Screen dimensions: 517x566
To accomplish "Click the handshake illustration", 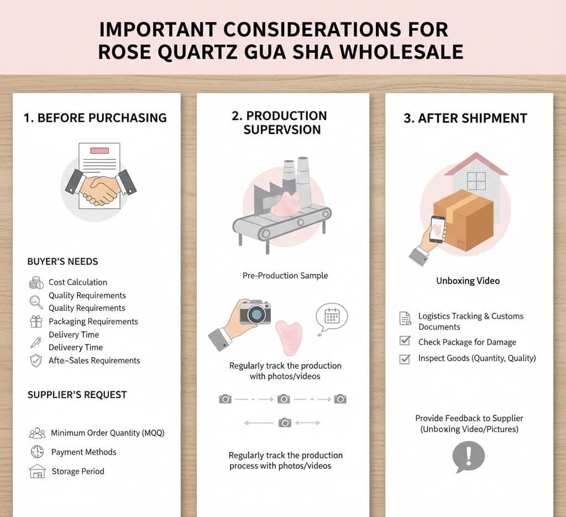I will pyautogui.click(x=100, y=188).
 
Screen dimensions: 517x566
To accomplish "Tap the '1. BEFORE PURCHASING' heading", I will pyautogui.click(x=95, y=118).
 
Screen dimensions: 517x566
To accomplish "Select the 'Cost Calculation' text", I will pyautogui.click(x=78, y=282).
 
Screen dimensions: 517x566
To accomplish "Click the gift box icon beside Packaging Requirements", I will pyautogui.click(x=36, y=321).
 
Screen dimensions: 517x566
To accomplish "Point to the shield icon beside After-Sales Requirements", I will pyautogui.click(x=36, y=361).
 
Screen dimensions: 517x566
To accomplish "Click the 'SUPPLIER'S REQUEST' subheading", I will pyautogui.click(x=77, y=395).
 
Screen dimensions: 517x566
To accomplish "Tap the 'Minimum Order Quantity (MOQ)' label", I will pyautogui.click(x=108, y=433).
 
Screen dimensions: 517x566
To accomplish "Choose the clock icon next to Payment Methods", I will pyautogui.click(x=36, y=452).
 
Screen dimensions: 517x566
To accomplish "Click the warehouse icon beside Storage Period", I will pyautogui.click(x=36, y=471).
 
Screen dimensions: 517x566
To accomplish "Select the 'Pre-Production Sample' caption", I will pyautogui.click(x=285, y=275).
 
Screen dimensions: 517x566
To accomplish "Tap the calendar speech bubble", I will pyautogui.click(x=331, y=317).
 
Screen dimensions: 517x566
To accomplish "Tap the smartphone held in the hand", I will pyautogui.click(x=437, y=228).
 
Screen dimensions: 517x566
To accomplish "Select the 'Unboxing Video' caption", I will pyautogui.click(x=468, y=281).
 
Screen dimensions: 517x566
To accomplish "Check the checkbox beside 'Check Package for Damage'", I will pyautogui.click(x=405, y=341).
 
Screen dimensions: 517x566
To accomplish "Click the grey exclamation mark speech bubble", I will pyautogui.click(x=468, y=457).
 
